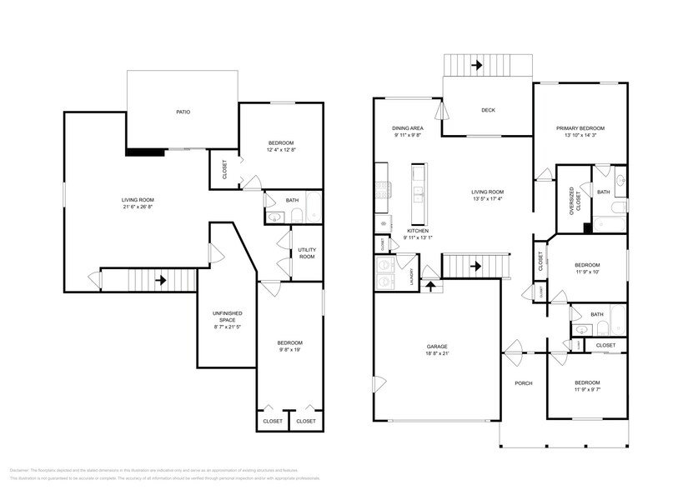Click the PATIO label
pyautogui.click(x=183, y=111)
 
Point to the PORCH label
pyautogui.click(x=524, y=383)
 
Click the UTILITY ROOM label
pyautogui.click(x=306, y=253)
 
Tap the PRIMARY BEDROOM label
pyautogui.click(x=580, y=128)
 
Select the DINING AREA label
pyautogui.click(x=408, y=128)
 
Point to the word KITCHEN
pyautogui.click(x=418, y=231)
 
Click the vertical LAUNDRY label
pyautogui.click(x=411, y=276)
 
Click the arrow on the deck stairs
pyautogui.click(x=479, y=63)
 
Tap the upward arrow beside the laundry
pyautogui.click(x=430, y=287)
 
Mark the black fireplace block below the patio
pyautogui.click(x=143, y=152)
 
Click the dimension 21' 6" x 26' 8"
pyautogui.click(x=139, y=207)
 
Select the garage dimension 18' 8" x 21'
pyautogui.click(x=436, y=353)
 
